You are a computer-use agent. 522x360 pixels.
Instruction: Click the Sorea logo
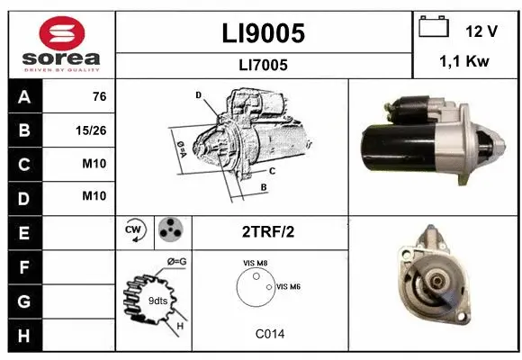click(60, 44)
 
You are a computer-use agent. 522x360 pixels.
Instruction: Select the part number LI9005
click(264, 33)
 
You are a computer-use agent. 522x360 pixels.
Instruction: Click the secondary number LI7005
click(264, 65)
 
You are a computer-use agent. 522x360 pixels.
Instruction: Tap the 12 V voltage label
click(481, 31)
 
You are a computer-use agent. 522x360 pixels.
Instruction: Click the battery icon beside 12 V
click(434, 28)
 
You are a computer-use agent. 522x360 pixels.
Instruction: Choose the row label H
click(23, 335)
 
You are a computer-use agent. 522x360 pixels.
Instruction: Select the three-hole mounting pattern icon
click(168, 231)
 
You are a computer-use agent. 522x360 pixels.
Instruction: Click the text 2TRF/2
click(268, 231)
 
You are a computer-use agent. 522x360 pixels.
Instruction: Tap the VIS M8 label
click(256, 263)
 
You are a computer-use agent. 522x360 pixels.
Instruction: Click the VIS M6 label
click(288, 286)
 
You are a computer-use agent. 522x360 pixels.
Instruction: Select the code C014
click(269, 334)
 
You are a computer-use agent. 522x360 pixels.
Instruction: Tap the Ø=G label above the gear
click(177, 261)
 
